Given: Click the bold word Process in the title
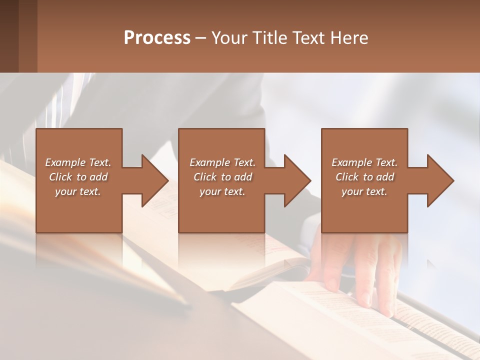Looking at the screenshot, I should pyautogui.click(x=157, y=38).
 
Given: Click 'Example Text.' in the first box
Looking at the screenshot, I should pyautogui.click(x=78, y=162).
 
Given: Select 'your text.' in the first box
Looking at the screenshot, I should pyautogui.click(x=78, y=191).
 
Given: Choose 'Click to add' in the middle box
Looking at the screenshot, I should pyautogui.click(x=222, y=177).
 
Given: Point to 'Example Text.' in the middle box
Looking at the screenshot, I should pyautogui.click(x=222, y=162).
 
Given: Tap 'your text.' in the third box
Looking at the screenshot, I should pyautogui.click(x=364, y=191).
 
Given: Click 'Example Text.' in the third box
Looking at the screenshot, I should pyautogui.click(x=364, y=162).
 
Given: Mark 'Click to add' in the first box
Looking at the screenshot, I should pyautogui.click(x=78, y=177).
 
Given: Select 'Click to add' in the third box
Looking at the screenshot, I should pyautogui.click(x=364, y=177).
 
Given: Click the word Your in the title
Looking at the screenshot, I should pyautogui.click(x=230, y=38).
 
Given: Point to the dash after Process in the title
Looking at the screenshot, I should pyautogui.click(x=201, y=38).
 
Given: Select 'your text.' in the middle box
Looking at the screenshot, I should pyautogui.click(x=222, y=191).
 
